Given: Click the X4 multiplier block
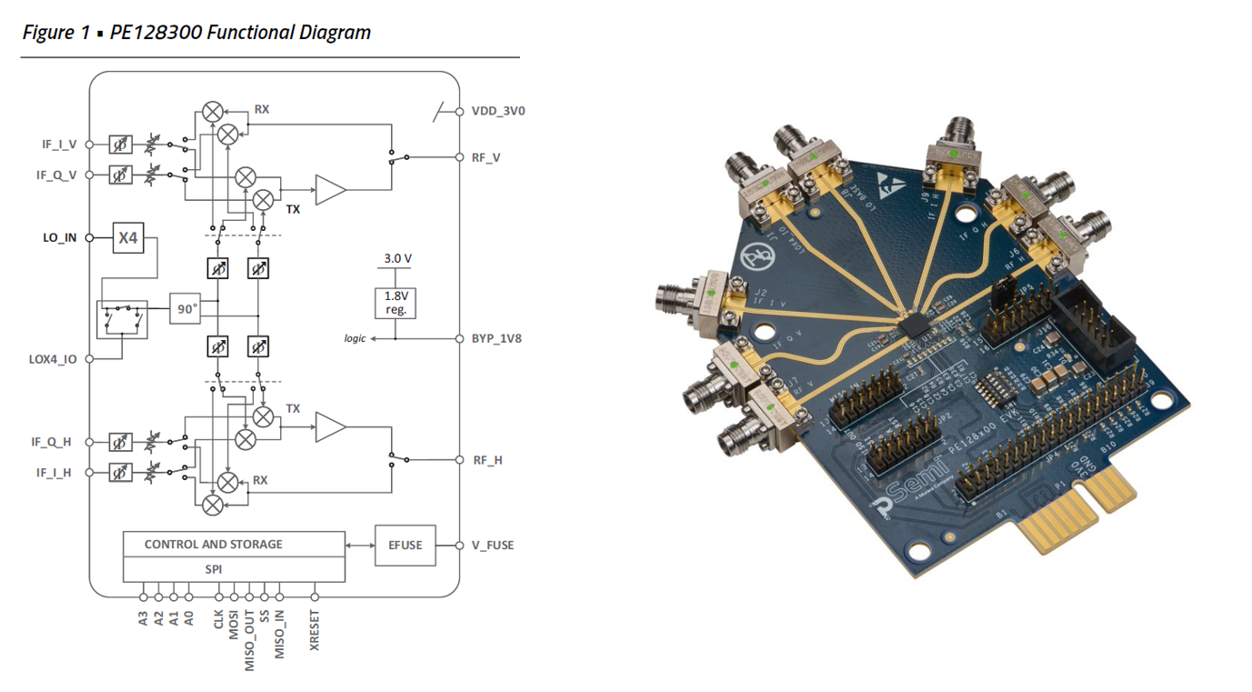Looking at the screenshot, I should [x=128, y=237].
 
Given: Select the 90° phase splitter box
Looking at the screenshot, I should [x=186, y=309].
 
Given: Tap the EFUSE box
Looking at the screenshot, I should [x=405, y=546].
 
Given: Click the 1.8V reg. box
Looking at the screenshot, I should [x=396, y=303].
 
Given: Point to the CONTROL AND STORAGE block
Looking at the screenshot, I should [x=234, y=544].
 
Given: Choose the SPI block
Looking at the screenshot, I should [x=234, y=569].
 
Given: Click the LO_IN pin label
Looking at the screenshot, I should [x=60, y=237].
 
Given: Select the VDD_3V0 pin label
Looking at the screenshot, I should [x=497, y=111].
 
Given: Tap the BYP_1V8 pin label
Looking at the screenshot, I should [x=496, y=338].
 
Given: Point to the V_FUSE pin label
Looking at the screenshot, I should [x=492, y=546].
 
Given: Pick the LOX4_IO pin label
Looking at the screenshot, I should [x=53, y=359].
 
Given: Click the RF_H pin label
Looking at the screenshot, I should [x=487, y=460].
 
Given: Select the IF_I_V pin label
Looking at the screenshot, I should [x=56, y=144].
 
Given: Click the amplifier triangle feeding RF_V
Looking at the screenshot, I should [x=330, y=190].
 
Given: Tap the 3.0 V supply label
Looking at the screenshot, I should [x=397, y=258].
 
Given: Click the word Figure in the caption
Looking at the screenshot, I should [x=48, y=33].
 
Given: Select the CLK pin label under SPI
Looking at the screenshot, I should [x=219, y=619].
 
